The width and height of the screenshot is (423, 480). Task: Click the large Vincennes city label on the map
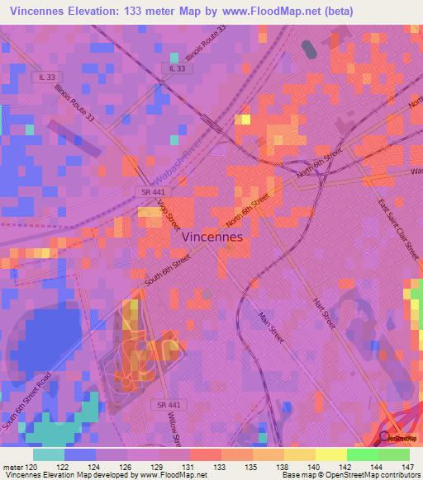211,236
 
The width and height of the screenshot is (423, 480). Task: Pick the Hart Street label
323,313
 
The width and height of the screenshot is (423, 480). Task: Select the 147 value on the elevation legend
408,466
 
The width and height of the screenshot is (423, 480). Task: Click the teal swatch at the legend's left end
49,454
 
